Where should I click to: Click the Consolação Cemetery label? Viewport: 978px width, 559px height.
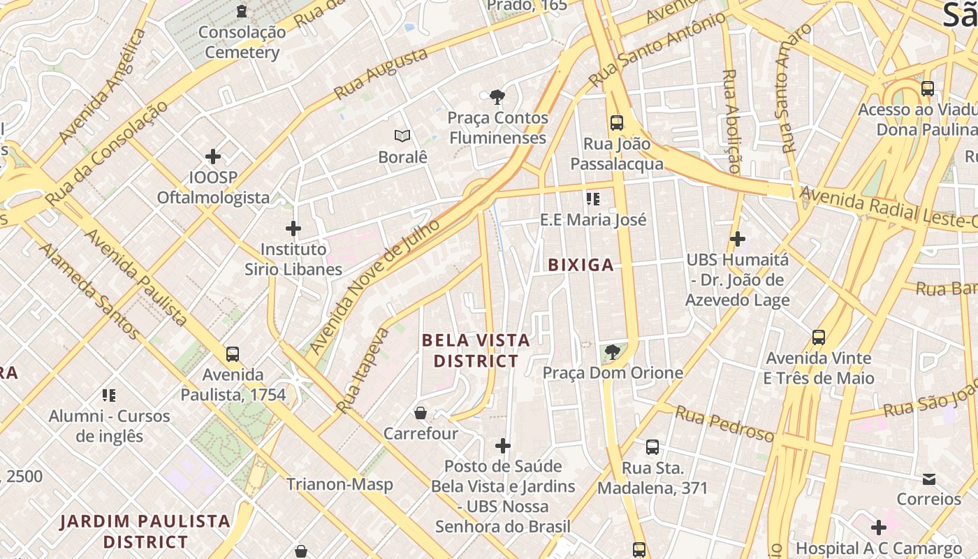[x=242, y=42]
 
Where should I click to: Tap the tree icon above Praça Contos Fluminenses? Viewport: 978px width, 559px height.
[x=497, y=96]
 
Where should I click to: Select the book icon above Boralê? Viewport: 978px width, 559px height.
[x=402, y=136]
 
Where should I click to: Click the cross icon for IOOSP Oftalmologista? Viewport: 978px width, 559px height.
[x=213, y=157]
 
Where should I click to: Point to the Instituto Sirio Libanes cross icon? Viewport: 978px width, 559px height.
[x=293, y=228]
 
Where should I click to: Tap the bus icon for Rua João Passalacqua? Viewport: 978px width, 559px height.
[x=617, y=123]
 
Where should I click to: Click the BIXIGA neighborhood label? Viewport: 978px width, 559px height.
[x=581, y=265]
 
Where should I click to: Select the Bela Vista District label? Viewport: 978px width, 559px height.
[x=476, y=351]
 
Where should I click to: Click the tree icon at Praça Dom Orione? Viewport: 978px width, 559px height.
[x=613, y=352]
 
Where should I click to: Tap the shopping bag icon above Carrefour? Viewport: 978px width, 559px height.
[x=421, y=413]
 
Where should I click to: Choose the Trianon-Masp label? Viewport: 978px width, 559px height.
[x=340, y=484]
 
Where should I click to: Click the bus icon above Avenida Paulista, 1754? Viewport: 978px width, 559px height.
[x=233, y=354]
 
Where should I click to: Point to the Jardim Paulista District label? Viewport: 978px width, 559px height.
[x=145, y=531]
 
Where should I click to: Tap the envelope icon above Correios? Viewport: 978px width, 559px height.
[x=929, y=479]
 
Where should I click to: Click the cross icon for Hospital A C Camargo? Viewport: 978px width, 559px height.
[x=879, y=528]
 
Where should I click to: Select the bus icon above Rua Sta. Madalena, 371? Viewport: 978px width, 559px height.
[x=652, y=447]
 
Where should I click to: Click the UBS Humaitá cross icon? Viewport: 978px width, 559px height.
[x=737, y=240]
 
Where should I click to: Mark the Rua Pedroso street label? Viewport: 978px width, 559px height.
[x=724, y=423]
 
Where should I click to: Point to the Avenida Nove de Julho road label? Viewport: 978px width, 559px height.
[x=374, y=286]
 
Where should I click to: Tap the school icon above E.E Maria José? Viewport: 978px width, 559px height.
[x=594, y=199]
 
